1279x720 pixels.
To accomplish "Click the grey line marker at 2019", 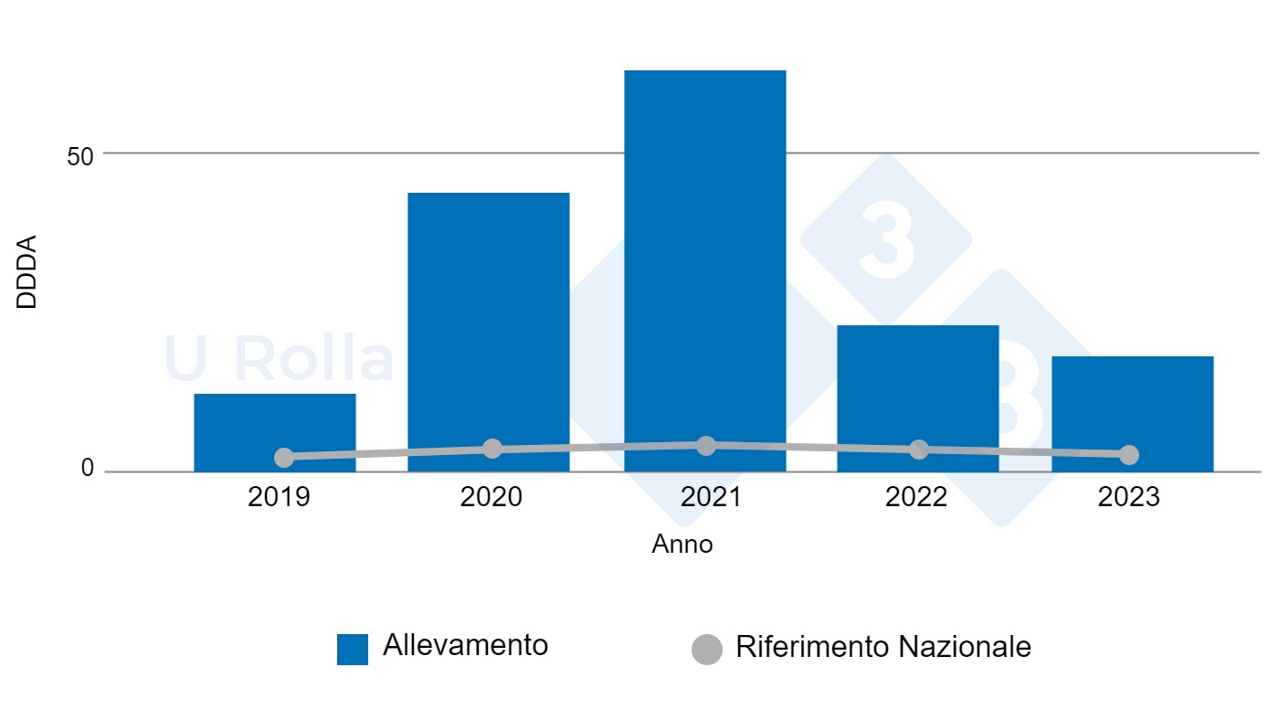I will tap(284, 457).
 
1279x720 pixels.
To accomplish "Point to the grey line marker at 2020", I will tap(492, 449).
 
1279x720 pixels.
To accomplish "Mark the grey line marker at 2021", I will tap(706, 445).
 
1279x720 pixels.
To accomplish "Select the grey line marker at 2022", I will tap(919, 450).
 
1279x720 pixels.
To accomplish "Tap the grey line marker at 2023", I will tap(1129, 455).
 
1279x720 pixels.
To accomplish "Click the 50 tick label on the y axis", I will tap(80, 156).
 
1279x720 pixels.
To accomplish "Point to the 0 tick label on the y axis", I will tap(88, 468).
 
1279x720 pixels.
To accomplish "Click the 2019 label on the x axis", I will tap(279, 497).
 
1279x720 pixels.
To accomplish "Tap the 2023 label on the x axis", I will tap(1128, 497).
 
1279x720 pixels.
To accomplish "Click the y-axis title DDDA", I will tap(27, 272).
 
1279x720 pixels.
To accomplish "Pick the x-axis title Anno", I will tap(682, 545).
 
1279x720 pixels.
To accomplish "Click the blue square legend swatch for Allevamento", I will tap(353, 649).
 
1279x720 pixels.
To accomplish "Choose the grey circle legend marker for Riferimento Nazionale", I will tap(707, 649).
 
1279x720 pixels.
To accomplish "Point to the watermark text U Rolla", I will tap(279, 359).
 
